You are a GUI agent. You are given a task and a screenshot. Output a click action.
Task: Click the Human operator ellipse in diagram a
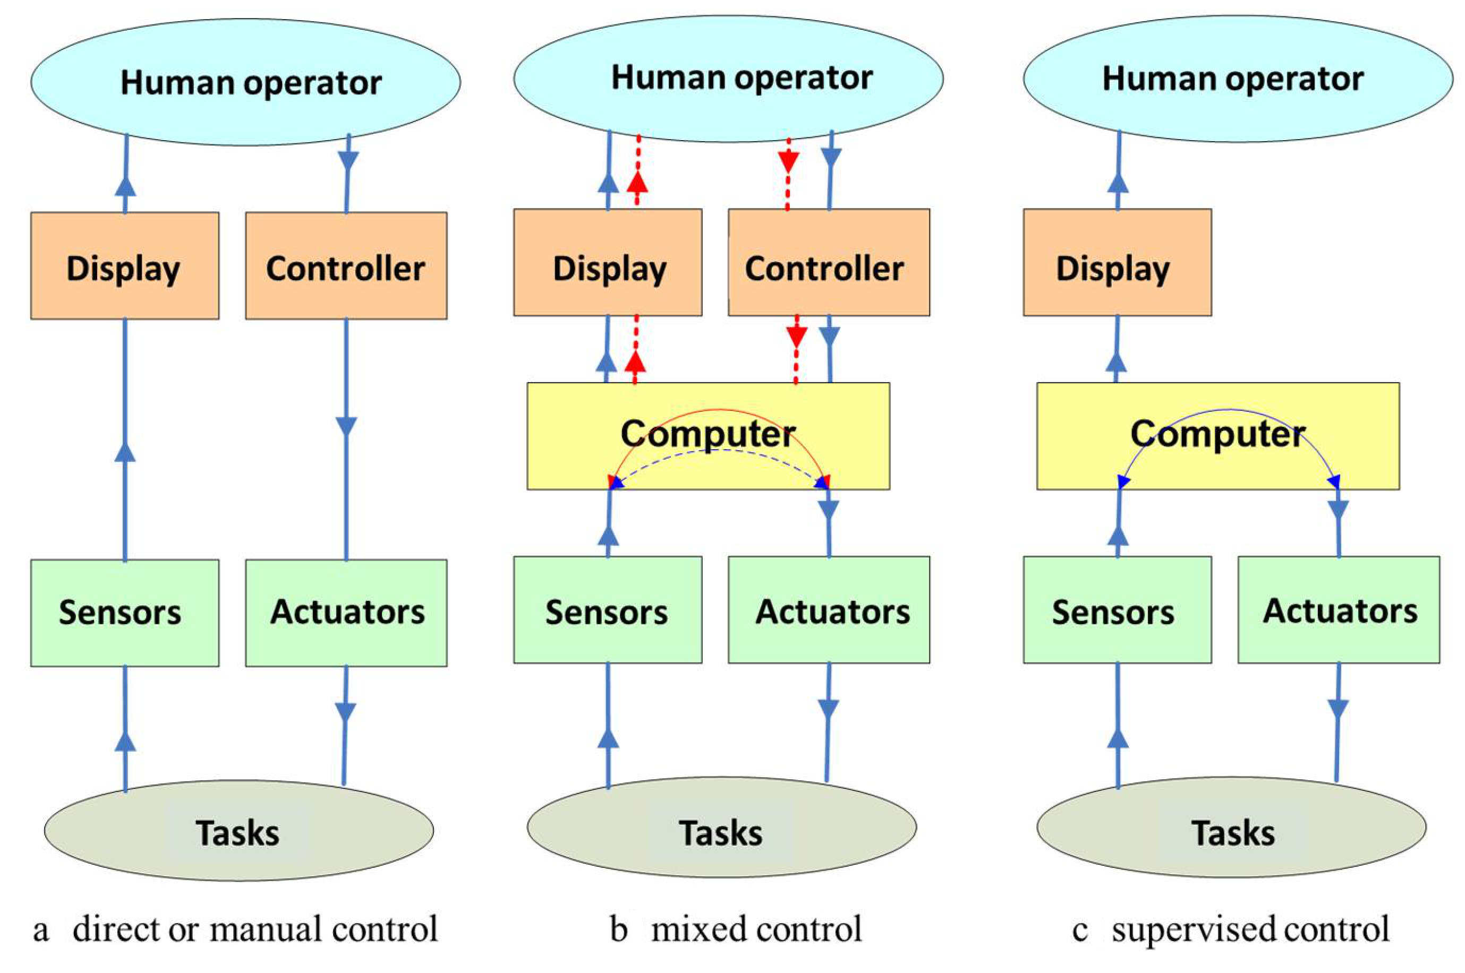click(245, 82)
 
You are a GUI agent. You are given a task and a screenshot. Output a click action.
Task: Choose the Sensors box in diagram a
click(124, 613)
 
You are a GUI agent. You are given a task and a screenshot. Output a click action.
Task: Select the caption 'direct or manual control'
click(254, 929)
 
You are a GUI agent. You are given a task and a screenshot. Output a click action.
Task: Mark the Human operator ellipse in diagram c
click(1238, 79)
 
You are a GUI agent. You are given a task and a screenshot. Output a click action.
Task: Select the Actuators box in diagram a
click(346, 613)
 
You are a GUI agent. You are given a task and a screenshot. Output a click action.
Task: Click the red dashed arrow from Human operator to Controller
click(788, 174)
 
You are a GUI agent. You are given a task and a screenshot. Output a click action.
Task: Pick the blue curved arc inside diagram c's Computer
click(1229, 410)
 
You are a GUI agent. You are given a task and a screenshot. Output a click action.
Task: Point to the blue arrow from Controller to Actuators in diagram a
click(346, 434)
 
